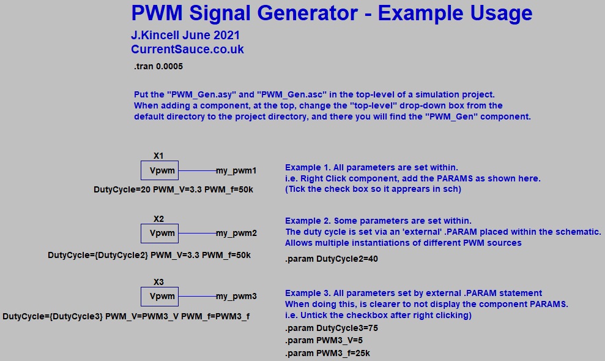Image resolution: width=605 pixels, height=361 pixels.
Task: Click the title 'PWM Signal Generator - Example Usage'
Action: pos(332,13)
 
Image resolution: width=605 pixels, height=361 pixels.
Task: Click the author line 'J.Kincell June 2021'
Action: pos(185,36)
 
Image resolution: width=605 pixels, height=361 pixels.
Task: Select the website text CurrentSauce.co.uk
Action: pos(187,50)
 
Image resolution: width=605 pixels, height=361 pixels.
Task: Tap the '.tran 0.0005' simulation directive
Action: pos(158,66)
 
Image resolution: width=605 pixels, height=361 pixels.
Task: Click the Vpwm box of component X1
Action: pos(160,170)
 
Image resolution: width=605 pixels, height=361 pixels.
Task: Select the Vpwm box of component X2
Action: pos(160,234)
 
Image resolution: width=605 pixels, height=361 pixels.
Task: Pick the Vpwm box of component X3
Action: pos(160,297)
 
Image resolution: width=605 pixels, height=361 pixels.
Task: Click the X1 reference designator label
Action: pos(158,156)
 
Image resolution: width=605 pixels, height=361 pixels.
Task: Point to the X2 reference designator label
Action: pos(158,219)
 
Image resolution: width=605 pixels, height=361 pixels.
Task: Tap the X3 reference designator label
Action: pos(158,282)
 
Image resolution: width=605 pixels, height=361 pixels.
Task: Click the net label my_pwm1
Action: pos(236,170)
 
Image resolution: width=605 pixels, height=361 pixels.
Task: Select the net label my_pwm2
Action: pos(236,234)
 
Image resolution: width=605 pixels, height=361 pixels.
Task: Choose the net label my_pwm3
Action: pos(236,297)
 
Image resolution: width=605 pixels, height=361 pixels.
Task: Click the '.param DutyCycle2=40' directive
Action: pos(332,259)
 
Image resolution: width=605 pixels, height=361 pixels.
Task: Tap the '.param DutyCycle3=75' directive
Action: pos(332,329)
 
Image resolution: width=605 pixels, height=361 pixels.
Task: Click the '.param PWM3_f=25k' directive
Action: pos(327,354)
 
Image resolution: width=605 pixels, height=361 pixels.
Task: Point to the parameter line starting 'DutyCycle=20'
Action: pos(173,190)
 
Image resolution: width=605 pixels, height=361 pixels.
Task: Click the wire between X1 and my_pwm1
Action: pos(197,170)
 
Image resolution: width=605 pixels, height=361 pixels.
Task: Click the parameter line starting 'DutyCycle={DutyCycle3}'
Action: pos(126,316)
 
